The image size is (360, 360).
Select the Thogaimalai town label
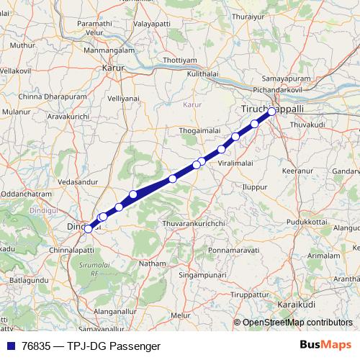tap(197, 131)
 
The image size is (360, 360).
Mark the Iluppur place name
tap(254, 185)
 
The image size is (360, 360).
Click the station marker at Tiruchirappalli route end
tap(272, 112)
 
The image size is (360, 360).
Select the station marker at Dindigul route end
tap(88, 229)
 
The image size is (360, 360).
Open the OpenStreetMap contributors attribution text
tap(297, 323)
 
